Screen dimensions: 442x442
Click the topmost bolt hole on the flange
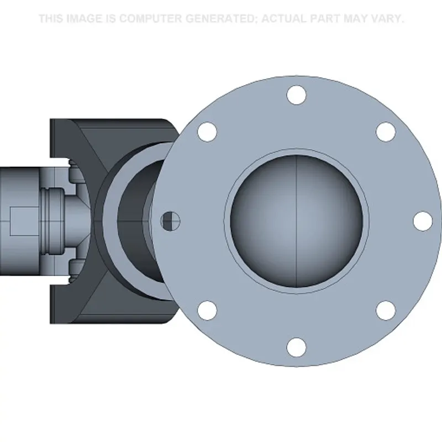[296, 95]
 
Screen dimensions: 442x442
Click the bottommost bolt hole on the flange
[296, 347]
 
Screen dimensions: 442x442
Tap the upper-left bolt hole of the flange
[207, 132]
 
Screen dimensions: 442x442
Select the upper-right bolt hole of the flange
[386, 132]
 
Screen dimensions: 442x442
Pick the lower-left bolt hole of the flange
[207, 311]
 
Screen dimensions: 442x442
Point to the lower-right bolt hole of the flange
[386, 311]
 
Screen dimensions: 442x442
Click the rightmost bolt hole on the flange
[423, 221]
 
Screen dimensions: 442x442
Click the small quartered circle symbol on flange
[171, 221]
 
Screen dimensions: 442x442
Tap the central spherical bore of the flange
[296, 222]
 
